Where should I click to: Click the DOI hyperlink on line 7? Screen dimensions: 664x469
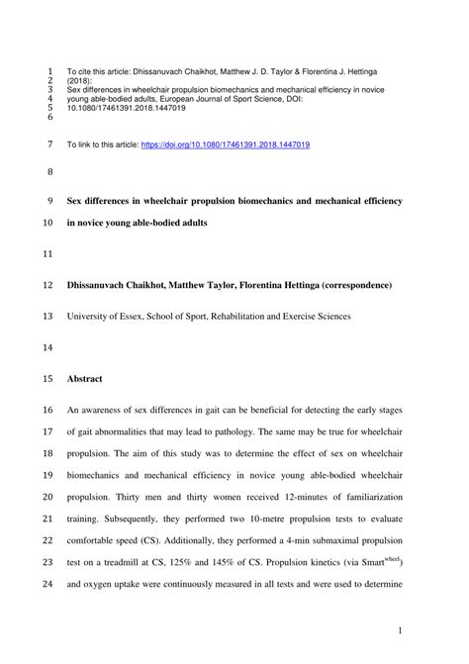[x=227, y=144]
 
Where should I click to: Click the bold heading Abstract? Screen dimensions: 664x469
[x=86, y=378]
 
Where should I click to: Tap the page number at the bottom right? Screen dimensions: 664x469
[x=398, y=630]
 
